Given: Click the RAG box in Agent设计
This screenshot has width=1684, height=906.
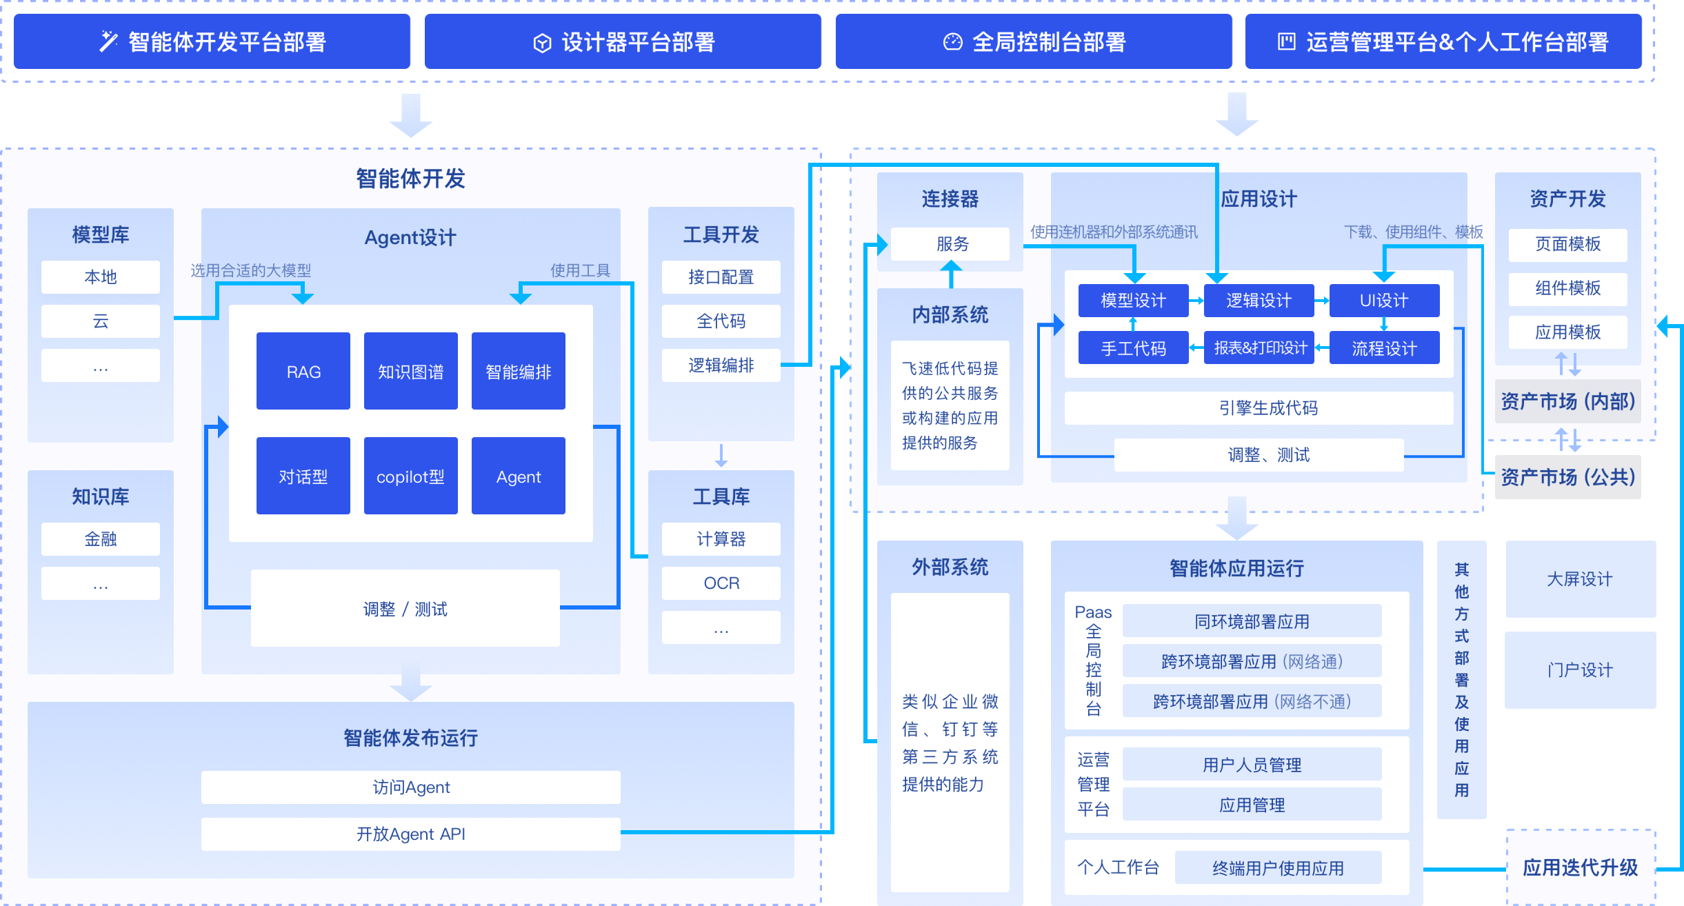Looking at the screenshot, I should point(303,371).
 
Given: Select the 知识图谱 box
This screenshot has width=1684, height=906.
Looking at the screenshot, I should point(411,371).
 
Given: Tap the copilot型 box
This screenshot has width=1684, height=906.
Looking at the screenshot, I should point(411,476).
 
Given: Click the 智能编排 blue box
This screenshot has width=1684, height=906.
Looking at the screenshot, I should point(519,371).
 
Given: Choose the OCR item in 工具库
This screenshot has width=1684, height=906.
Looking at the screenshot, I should point(721,583).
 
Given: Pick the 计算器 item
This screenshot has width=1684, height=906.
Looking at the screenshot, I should point(721,539).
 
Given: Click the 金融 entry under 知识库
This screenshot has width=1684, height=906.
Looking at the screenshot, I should point(101,539).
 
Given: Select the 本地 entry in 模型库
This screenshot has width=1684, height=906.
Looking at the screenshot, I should point(101,277).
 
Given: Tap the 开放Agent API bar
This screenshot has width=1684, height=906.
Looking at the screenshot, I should point(411,834).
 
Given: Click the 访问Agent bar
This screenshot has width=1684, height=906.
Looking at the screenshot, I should point(411,787).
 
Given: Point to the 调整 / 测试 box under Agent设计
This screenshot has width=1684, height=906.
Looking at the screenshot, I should point(405,608).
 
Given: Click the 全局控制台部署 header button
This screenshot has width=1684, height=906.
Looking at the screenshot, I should point(1034,42).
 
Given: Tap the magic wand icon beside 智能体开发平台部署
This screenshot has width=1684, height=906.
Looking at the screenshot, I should point(109,41).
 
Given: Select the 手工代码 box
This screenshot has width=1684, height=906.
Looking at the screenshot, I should point(1134,348).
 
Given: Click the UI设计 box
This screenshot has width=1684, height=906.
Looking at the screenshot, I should point(1384,301).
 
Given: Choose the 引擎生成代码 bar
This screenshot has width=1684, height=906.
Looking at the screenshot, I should point(1259,408).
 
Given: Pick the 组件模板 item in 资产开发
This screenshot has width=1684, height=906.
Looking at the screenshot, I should point(1568,288).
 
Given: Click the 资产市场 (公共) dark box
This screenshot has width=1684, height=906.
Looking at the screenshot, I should point(1568,477).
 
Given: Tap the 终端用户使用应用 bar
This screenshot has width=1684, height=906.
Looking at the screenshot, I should point(1279,867).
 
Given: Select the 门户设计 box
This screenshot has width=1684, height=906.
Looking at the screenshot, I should point(1581,670).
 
